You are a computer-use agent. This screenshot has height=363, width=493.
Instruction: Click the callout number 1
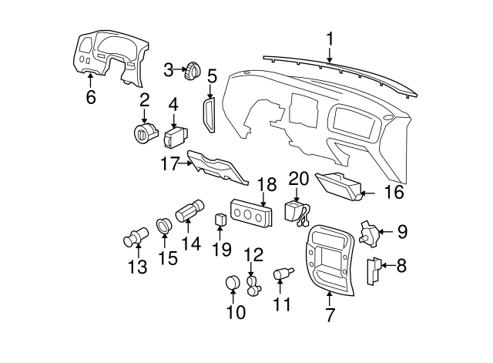(330, 38)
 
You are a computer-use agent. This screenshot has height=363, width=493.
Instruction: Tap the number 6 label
(91, 97)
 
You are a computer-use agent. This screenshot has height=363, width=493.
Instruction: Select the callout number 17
(169, 163)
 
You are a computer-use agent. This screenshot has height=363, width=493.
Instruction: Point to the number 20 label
(297, 178)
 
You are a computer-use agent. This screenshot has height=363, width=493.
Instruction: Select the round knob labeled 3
(190, 71)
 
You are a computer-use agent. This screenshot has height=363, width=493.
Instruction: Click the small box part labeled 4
(174, 138)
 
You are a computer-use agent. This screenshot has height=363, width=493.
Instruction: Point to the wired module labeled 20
(296, 211)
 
